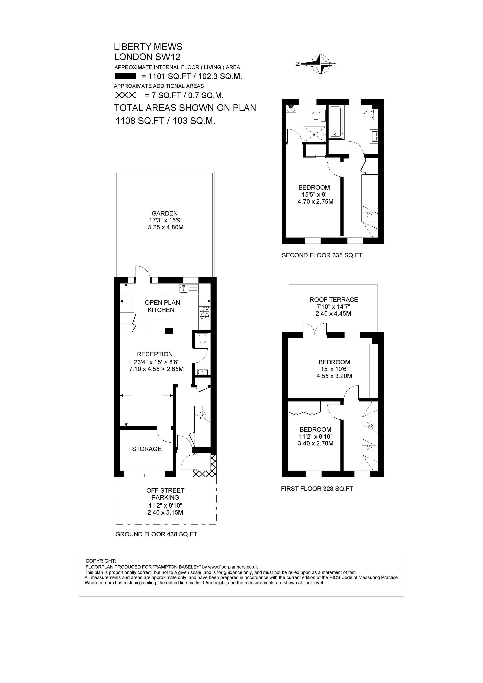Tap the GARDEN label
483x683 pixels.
165,213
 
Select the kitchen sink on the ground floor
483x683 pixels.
189,289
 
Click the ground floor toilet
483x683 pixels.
202,338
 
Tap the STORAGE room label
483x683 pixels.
147,449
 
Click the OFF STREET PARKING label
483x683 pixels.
166,494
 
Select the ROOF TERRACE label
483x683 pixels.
334,300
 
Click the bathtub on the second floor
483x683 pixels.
336,122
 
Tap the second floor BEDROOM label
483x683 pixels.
314,187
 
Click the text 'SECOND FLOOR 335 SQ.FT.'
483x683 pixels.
323,255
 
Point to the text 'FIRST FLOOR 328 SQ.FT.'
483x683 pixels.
318,489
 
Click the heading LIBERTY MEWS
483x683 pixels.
148,47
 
